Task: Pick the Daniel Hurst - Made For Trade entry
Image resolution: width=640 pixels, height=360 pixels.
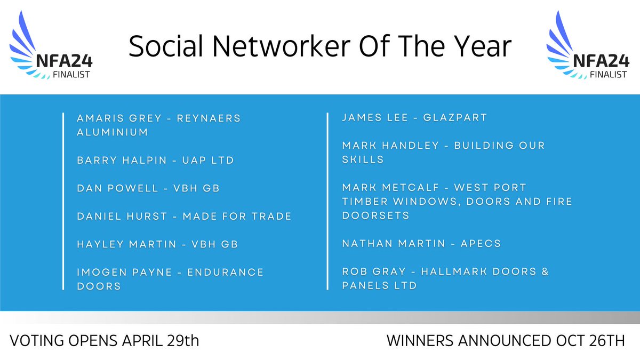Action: [x=184, y=216]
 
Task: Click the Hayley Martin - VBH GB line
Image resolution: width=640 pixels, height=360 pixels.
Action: [x=157, y=244]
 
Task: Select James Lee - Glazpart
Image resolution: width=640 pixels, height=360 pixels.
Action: [x=414, y=117]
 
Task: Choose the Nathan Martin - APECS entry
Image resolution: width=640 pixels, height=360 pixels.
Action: [x=421, y=244]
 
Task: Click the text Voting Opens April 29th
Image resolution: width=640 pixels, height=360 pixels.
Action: [x=105, y=341]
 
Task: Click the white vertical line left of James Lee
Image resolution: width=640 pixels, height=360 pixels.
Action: [x=327, y=201]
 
